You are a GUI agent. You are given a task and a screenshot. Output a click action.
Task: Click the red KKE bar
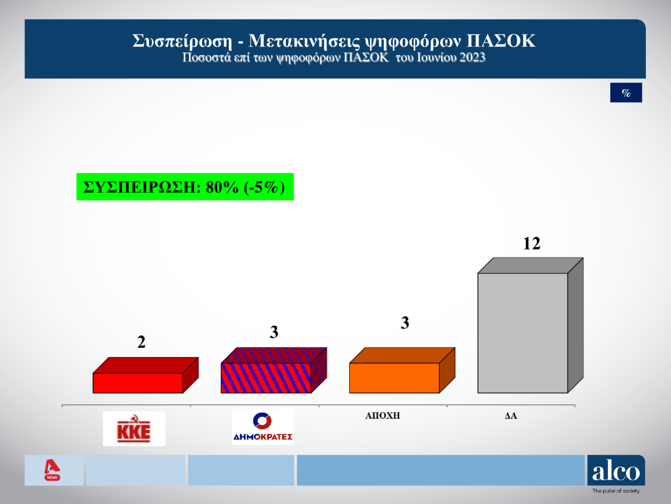(138, 383)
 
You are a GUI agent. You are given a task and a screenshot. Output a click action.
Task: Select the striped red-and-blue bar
(266, 378)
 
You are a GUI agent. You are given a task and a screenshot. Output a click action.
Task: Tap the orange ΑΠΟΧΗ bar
(394, 378)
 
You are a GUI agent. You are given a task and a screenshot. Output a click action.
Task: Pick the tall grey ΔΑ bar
(522, 333)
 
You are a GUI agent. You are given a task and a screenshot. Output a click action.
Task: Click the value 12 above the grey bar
(531, 244)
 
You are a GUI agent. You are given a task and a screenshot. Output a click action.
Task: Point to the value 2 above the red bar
(141, 342)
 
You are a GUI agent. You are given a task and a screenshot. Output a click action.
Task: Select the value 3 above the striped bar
(274, 332)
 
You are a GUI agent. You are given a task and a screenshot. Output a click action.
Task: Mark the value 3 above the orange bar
(405, 323)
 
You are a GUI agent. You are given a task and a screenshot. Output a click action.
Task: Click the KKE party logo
(134, 429)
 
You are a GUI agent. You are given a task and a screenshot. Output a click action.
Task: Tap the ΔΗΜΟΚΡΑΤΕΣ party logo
(262, 427)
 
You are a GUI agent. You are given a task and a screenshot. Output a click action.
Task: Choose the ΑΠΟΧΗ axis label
(382, 416)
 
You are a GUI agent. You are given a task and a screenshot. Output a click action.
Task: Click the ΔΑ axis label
(511, 416)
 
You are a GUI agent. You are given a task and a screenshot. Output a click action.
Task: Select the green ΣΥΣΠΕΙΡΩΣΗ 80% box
(185, 187)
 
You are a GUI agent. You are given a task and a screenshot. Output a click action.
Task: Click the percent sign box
(626, 93)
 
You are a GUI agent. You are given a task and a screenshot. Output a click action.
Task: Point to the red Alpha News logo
(52, 470)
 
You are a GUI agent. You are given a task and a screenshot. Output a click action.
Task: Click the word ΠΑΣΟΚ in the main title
(501, 41)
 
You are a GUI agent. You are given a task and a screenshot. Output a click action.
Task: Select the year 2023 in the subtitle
(472, 58)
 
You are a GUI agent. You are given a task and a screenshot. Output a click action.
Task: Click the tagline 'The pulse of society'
(616, 491)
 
